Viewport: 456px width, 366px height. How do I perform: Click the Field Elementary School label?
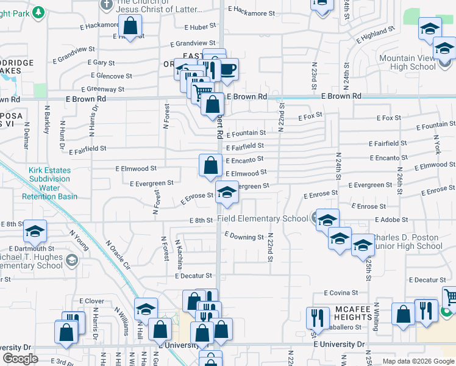point(263,219)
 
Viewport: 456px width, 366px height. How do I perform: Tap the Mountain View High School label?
point(415,62)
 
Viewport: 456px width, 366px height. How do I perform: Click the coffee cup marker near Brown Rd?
point(228,70)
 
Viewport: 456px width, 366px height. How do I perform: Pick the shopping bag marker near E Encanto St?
point(210,165)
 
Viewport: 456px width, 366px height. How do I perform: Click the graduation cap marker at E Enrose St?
point(227,193)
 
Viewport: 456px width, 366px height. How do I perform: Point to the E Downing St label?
point(244,236)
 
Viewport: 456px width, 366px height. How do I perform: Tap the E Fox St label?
point(310,116)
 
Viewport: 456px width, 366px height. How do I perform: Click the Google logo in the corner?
point(20,359)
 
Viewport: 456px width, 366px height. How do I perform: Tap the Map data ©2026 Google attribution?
point(418,361)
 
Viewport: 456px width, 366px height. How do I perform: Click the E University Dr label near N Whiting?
point(338,345)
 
